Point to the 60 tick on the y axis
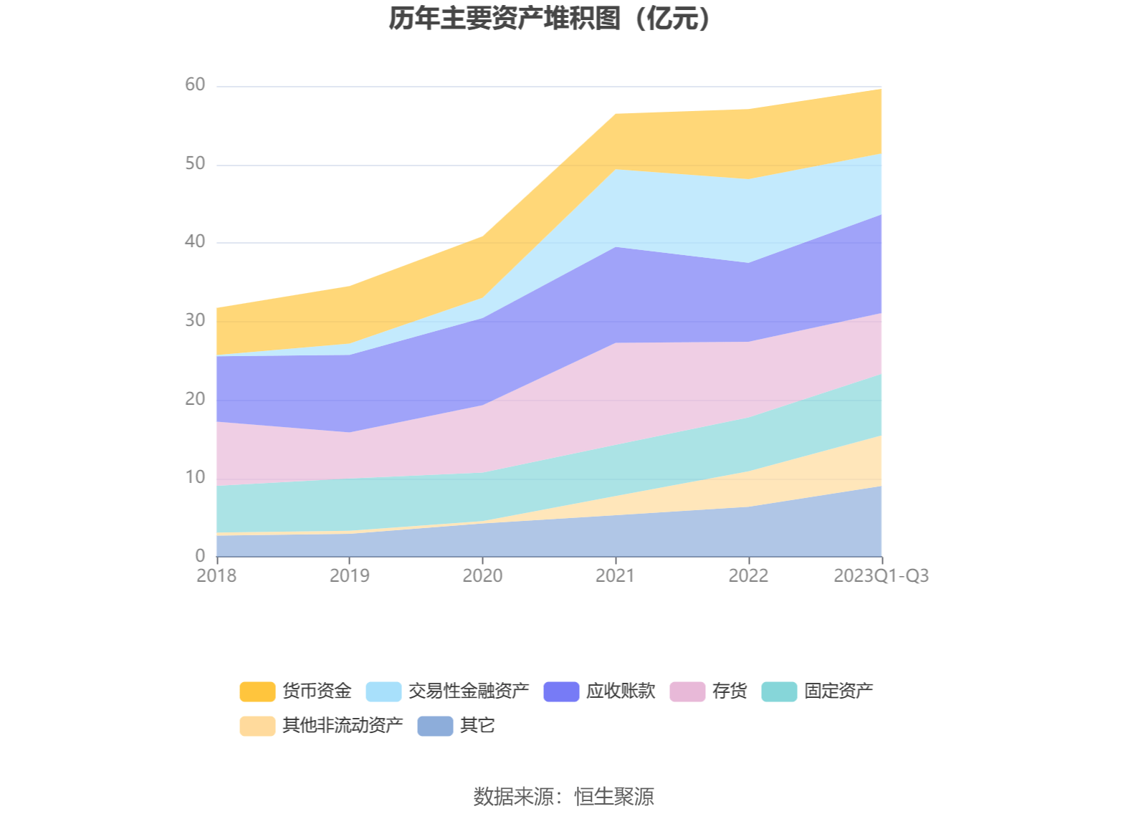[x=195, y=85]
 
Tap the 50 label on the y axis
[x=195, y=164]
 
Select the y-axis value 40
[x=195, y=242]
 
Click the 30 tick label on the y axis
[x=195, y=320]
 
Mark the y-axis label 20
[x=195, y=399]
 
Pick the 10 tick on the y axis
[x=195, y=477]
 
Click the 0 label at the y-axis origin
[x=200, y=555]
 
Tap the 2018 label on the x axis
[x=216, y=575]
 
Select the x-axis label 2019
[x=350, y=575]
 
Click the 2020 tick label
[x=482, y=575]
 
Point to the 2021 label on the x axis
[x=616, y=575]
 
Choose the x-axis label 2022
[x=748, y=575]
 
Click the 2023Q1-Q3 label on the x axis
[x=881, y=575]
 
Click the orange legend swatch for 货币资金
[x=257, y=691]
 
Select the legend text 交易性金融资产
[x=469, y=691]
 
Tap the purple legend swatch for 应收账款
[x=561, y=691]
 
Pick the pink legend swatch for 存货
[x=687, y=691]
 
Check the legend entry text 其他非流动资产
[x=343, y=726]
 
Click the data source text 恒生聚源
[x=614, y=797]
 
